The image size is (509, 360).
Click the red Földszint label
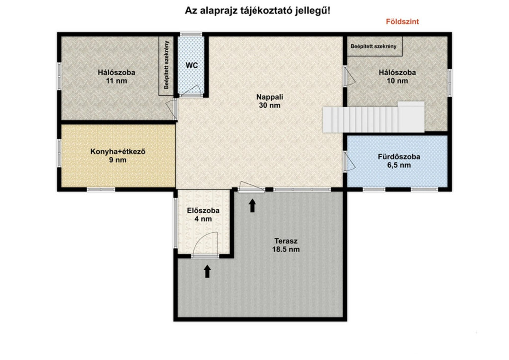pos(402,22)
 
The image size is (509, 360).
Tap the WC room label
pos(192,65)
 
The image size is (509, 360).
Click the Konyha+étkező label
pos(118,152)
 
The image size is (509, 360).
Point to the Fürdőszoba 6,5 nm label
pos(399,161)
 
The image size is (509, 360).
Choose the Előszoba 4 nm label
pos(203,215)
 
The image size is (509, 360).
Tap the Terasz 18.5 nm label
pos(286,245)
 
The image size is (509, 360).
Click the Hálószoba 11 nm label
pos(116,76)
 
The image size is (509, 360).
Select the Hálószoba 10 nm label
pos(397,76)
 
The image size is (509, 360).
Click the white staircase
pos(373,117)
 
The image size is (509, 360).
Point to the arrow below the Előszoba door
pos(207,271)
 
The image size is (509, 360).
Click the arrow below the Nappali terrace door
pos(252,206)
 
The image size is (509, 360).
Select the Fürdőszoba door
pos(350,161)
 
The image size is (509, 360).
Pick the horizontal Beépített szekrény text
pos(373,46)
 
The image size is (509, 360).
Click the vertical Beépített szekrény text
pos(166,65)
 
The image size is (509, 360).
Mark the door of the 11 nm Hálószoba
pos(171,109)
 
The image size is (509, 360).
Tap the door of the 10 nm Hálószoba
pos(349,76)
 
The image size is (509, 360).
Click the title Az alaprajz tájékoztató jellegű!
pos(257,11)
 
